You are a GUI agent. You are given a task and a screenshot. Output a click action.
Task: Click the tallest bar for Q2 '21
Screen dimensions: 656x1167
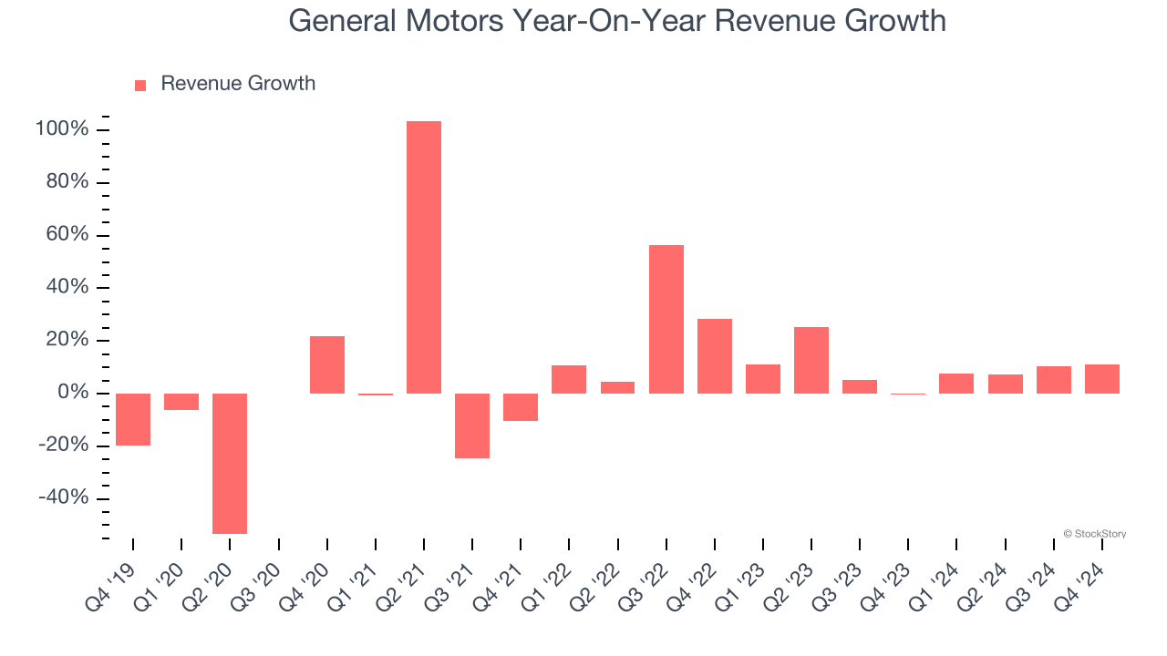[424, 257]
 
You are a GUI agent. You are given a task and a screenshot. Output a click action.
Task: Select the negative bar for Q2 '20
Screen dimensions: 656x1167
[230, 463]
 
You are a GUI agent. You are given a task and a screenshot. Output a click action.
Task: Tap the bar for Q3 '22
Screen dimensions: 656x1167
[666, 319]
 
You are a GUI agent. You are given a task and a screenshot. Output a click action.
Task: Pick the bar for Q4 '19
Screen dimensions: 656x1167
[133, 419]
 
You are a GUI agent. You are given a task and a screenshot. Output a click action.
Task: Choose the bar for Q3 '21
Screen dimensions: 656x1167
[472, 425]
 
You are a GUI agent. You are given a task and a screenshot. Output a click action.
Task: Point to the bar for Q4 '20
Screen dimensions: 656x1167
[327, 364]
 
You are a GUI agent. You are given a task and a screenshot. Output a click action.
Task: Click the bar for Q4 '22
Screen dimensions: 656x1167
[715, 356]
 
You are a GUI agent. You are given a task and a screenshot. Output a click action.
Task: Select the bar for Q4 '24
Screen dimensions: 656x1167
[1102, 379]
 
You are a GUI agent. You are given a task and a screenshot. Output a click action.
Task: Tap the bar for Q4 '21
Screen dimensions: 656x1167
[521, 407]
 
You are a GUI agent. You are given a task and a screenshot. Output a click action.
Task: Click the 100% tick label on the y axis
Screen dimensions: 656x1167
[62, 129]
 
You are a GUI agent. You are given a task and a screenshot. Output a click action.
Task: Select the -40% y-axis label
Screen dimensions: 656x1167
[64, 498]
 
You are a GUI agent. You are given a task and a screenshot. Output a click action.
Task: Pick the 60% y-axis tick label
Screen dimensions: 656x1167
[67, 235]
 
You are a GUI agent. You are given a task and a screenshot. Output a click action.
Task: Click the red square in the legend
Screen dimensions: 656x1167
[140, 86]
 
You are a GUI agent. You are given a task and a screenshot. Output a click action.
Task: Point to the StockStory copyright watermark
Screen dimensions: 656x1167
[1094, 534]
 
